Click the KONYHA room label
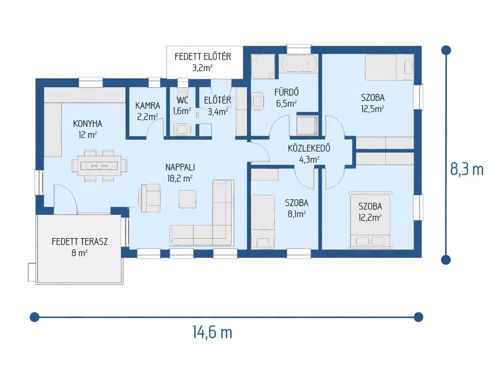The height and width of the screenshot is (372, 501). [x=87, y=124]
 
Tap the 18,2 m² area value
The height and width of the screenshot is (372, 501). [x=180, y=179]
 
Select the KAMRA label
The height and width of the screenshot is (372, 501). [x=148, y=106]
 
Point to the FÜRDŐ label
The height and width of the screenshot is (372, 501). [x=287, y=92]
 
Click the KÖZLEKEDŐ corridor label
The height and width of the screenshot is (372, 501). [x=309, y=148]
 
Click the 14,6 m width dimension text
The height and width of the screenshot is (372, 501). [x=212, y=333]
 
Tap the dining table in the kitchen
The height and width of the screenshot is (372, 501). [x=99, y=166]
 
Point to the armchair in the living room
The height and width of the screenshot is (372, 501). [x=150, y=198]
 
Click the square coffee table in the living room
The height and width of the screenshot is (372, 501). [x=188, y=199]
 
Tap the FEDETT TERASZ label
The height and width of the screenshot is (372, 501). [x=80, y=242]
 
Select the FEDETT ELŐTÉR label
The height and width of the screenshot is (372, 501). [x=203, y=57]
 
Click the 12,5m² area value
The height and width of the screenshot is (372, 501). [x=373, y=109]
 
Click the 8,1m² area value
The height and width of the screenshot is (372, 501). [x=297, y=214]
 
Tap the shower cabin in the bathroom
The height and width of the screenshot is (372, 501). [x=307, y=125]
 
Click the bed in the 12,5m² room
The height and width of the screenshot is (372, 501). [x=389, y=67]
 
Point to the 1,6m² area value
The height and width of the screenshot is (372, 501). [x=182, y=111]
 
